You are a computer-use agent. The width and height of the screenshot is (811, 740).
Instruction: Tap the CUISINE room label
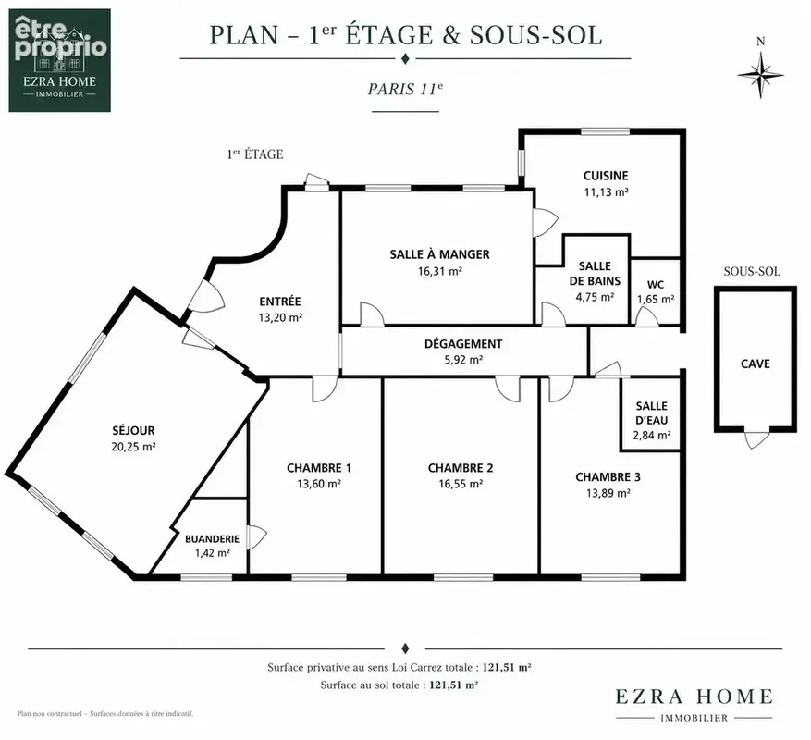606,176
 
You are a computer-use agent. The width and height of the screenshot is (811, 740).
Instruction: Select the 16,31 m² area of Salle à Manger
439,271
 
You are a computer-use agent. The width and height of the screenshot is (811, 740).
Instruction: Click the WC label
656,285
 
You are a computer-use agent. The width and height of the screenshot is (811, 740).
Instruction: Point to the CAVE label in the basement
756,364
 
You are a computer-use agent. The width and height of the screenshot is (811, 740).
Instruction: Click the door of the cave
756,438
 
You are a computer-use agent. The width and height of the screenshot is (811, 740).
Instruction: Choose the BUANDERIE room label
212,538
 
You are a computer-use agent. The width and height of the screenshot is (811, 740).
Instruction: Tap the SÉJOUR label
133,430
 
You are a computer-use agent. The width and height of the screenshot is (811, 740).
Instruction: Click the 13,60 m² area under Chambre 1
319,484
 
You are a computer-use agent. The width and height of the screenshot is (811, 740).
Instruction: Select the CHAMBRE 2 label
461,468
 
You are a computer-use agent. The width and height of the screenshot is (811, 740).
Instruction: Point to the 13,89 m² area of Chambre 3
608,493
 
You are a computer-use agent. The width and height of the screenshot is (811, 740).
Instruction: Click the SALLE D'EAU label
652,413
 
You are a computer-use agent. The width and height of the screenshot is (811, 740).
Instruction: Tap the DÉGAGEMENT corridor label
463,343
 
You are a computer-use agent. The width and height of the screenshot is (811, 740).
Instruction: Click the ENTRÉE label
280,302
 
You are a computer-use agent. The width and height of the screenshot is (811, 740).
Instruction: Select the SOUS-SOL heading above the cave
752,271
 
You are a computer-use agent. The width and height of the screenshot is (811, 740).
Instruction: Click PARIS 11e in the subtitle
405,89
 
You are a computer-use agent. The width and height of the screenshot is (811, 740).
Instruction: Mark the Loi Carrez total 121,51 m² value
507,667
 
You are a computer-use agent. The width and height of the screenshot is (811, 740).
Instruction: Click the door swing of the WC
646,316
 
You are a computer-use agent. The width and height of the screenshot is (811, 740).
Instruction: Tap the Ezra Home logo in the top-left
59,60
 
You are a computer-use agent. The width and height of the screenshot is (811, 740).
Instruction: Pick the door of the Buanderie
256,537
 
